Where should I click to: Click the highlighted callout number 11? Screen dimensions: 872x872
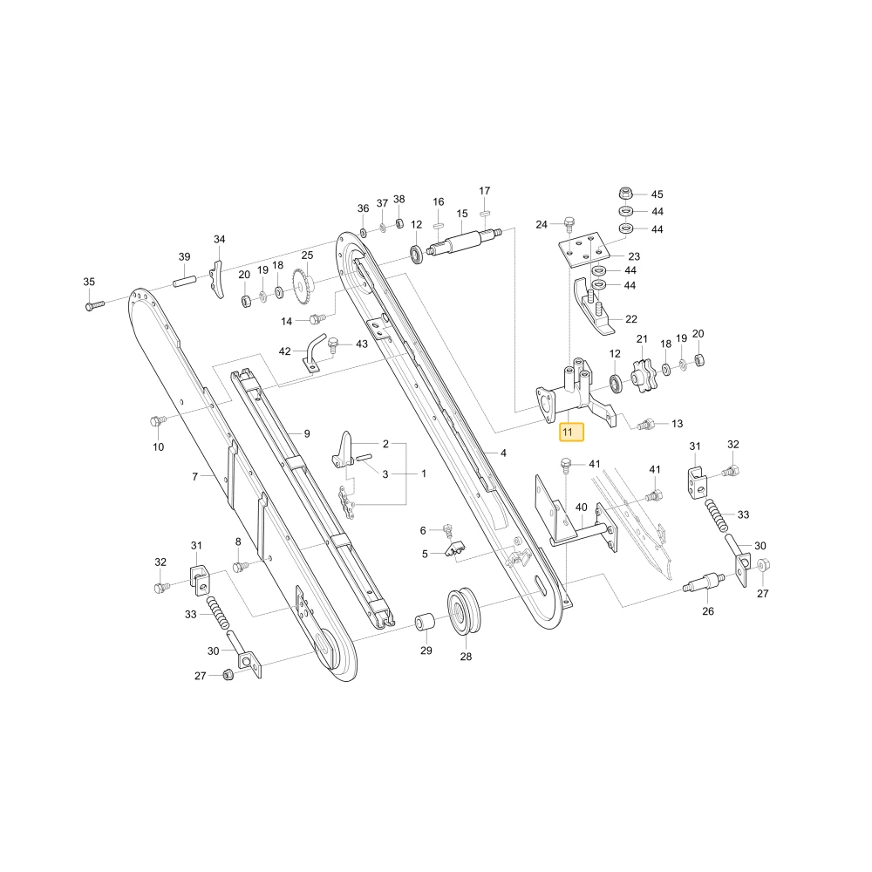pyautogui.click(x=571, y=433)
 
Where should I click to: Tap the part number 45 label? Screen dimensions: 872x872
pyautogui.click(x=657, y=194)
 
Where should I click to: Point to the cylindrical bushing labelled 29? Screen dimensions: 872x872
pyautogui.click(x=426, y=621)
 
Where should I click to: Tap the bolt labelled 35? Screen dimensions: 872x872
pyautogui.click(x=94, y=304)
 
